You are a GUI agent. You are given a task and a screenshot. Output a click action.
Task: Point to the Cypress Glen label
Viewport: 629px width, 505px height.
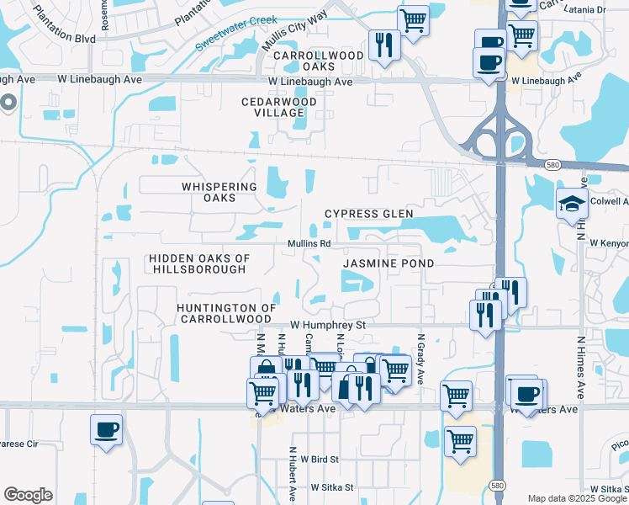coord(369,214)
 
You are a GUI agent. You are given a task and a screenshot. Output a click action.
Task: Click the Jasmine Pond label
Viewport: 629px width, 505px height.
coord(388,263)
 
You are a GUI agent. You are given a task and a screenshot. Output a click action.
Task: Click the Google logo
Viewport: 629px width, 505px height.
coord(28,495)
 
